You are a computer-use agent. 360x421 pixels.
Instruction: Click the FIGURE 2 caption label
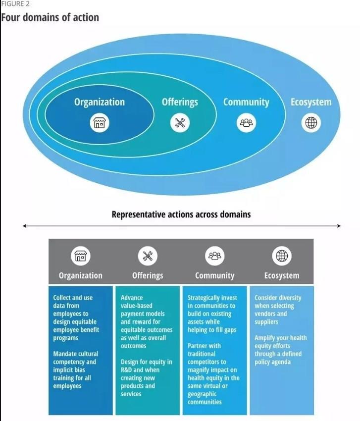tap(15, 4)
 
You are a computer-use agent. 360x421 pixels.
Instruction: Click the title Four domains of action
tap(50, 17)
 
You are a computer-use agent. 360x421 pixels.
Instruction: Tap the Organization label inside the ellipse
tap(100, 103)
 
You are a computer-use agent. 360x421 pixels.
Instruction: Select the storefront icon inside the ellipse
tap(100, 123)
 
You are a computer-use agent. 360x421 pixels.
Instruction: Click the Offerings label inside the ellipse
tap(180, 103)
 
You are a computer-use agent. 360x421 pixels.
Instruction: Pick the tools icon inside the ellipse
tap(180, 123)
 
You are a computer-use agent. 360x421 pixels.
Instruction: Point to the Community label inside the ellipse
tap(246, 103)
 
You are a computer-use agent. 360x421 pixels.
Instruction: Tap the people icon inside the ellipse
tap(246, 123)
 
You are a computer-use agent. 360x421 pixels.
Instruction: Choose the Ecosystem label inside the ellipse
tap(311, 103)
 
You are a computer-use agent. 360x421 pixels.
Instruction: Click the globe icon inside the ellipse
tap(311, 123)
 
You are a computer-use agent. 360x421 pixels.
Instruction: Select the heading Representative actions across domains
tap(181, 214)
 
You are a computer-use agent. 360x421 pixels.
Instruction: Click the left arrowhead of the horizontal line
tap(24, 226)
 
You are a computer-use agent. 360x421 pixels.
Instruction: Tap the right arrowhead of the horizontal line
tap(339, 226)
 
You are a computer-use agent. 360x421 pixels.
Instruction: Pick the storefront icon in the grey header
tap(81, 256)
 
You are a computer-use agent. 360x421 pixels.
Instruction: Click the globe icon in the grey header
tap(282, 256)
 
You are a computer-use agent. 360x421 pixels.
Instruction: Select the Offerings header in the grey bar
tap(148, 276)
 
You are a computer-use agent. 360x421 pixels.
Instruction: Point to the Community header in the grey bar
tap(215, 276)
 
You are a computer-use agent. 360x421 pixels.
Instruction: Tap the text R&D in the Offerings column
tap(126, 370)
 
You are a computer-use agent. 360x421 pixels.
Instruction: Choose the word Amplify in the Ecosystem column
tap(264, 338)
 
